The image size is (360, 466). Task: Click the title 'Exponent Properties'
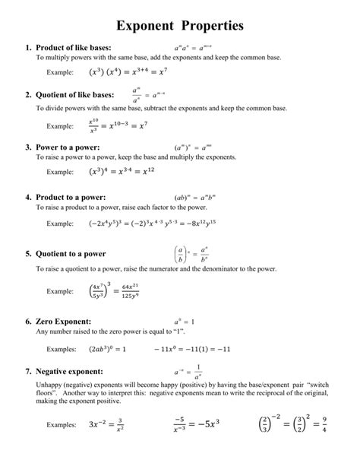[180, 25]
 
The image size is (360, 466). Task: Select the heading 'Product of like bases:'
[72, 48]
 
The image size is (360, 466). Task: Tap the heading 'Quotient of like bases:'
[74, 95]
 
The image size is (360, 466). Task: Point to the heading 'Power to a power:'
[67, 147]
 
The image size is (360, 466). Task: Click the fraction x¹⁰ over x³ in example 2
[94, 125]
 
